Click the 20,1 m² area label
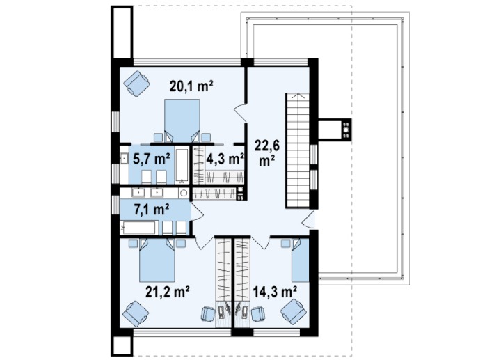tap(191, 86)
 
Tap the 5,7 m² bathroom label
tap(151, 159)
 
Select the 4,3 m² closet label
tap(225, 159)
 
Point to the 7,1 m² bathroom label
tap(152, 209)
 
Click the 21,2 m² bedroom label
tap(168, 292)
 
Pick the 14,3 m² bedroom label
tap(275, 292)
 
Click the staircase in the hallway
tap(298, 150)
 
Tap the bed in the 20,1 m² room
tap(182, 120)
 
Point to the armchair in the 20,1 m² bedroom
tap(136, 84)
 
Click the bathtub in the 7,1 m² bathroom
tap(138, 228)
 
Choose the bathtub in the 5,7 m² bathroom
tap(182, 165)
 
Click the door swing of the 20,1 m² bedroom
tap(240, 113)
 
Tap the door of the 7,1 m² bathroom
tap(197, 212)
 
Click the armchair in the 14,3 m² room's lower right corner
tap(294, 312)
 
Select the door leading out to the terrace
tap(308, 219)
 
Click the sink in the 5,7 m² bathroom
tap(125, 159)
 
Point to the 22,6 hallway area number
tap(267, 145)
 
